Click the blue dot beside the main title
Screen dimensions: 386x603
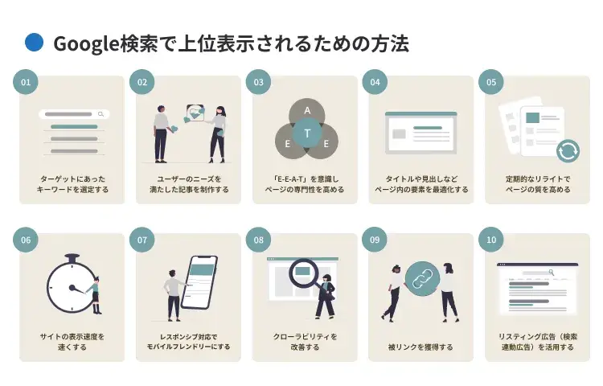click(x=34, y=43)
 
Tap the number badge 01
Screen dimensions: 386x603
click(x=26, y=82)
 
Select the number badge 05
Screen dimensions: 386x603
click(x=490, y=82)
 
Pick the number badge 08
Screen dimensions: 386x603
click(x=258, y=240)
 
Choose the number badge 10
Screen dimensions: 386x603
click(x=490, y=240)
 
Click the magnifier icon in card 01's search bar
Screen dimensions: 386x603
click(x=100, y=115)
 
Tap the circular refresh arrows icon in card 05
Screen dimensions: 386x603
click(x=567, y=150)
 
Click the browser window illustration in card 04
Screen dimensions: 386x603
click(x=420, y=133)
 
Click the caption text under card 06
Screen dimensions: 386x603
click(x=72, y=342)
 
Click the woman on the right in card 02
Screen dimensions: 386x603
click(x=218, y=133)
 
